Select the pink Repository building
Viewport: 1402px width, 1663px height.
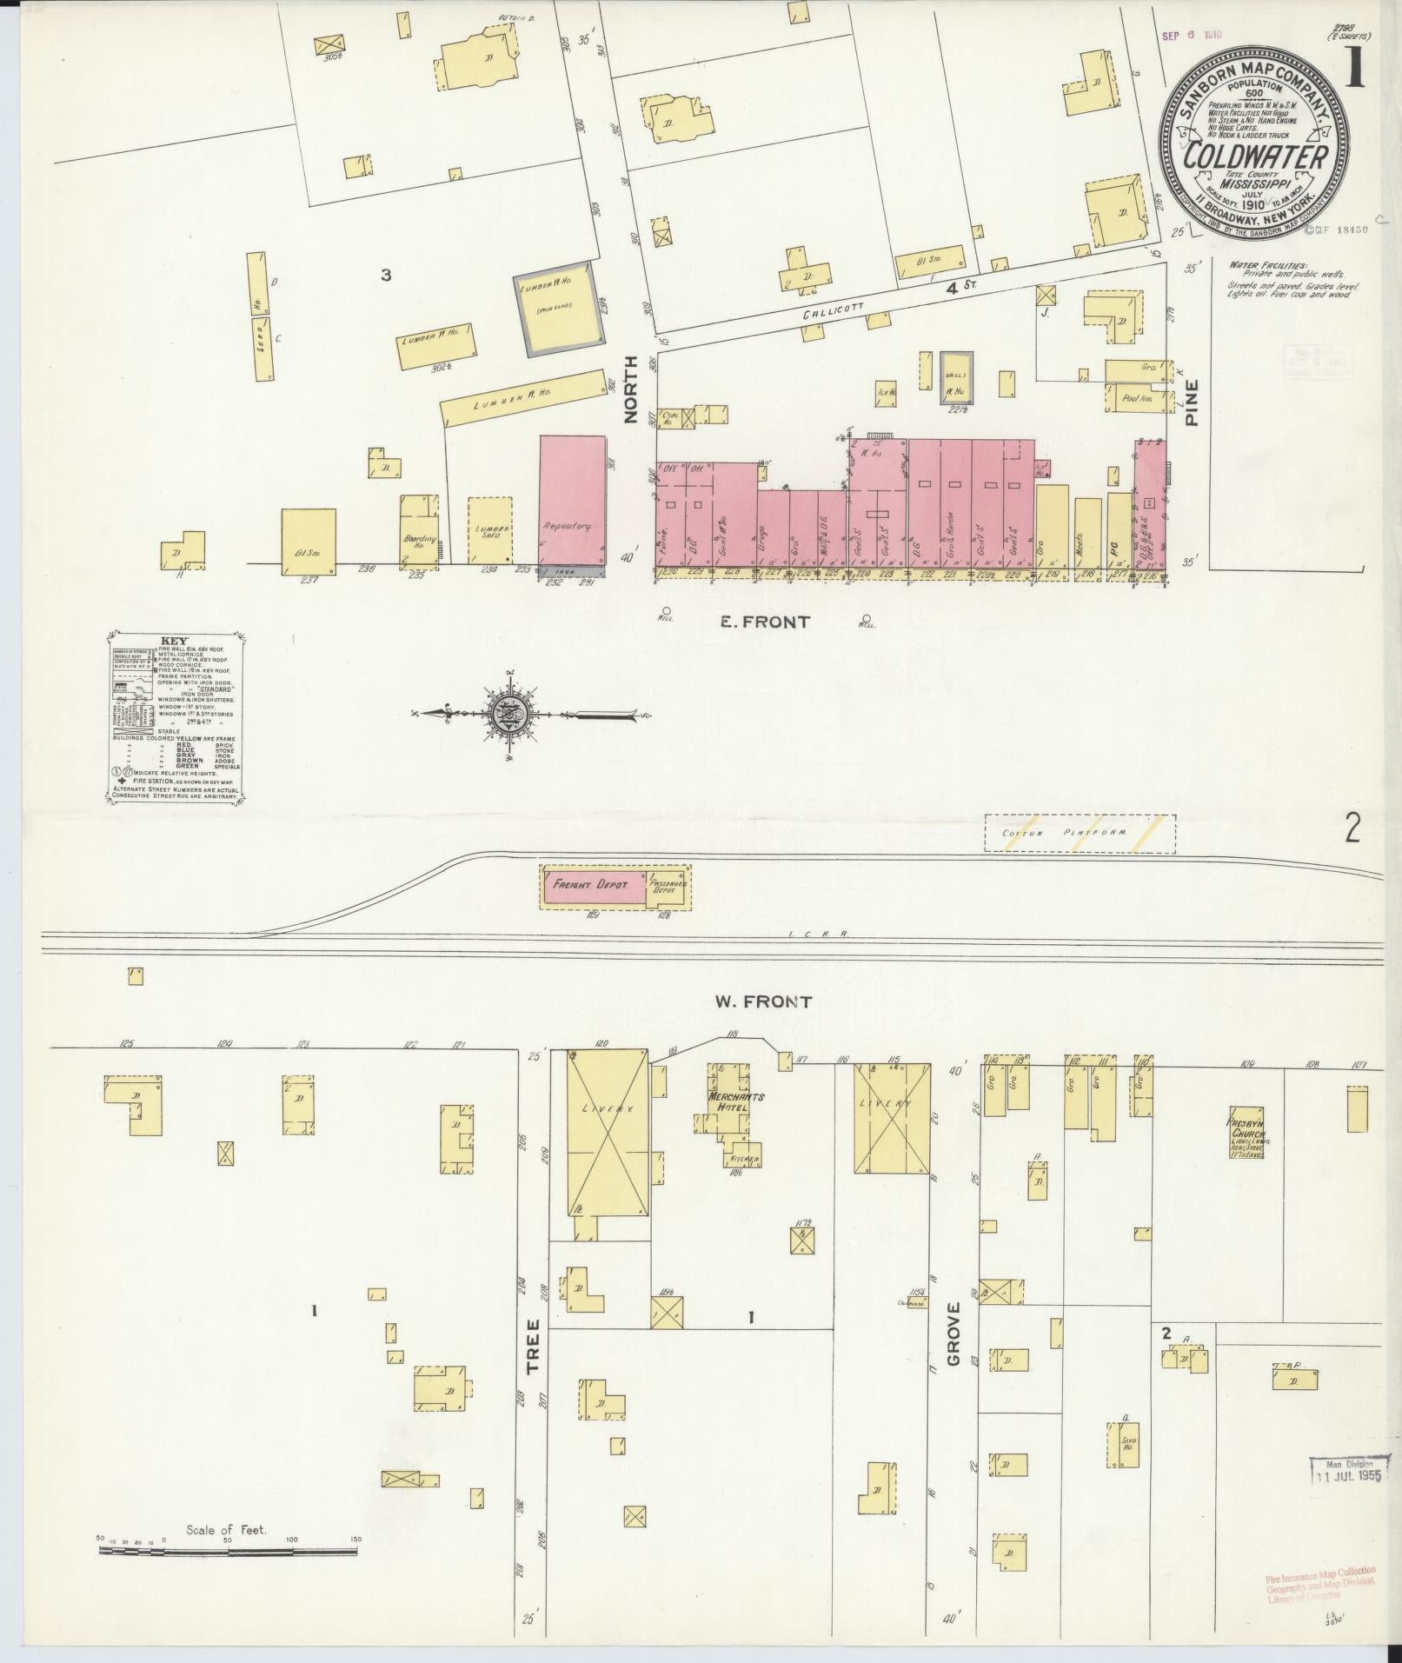[x=572, y=502]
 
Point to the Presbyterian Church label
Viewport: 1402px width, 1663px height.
[x=1246, y=1135]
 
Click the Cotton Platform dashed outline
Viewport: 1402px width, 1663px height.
[x=1080, y=833]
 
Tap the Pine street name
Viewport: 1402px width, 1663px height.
[x=1192, y=402]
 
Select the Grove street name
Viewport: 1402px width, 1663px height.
[x=953, y=1347]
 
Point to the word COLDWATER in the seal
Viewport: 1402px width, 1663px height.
[x=1256, y=157]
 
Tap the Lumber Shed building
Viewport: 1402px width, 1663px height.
[x=490, y=530]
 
